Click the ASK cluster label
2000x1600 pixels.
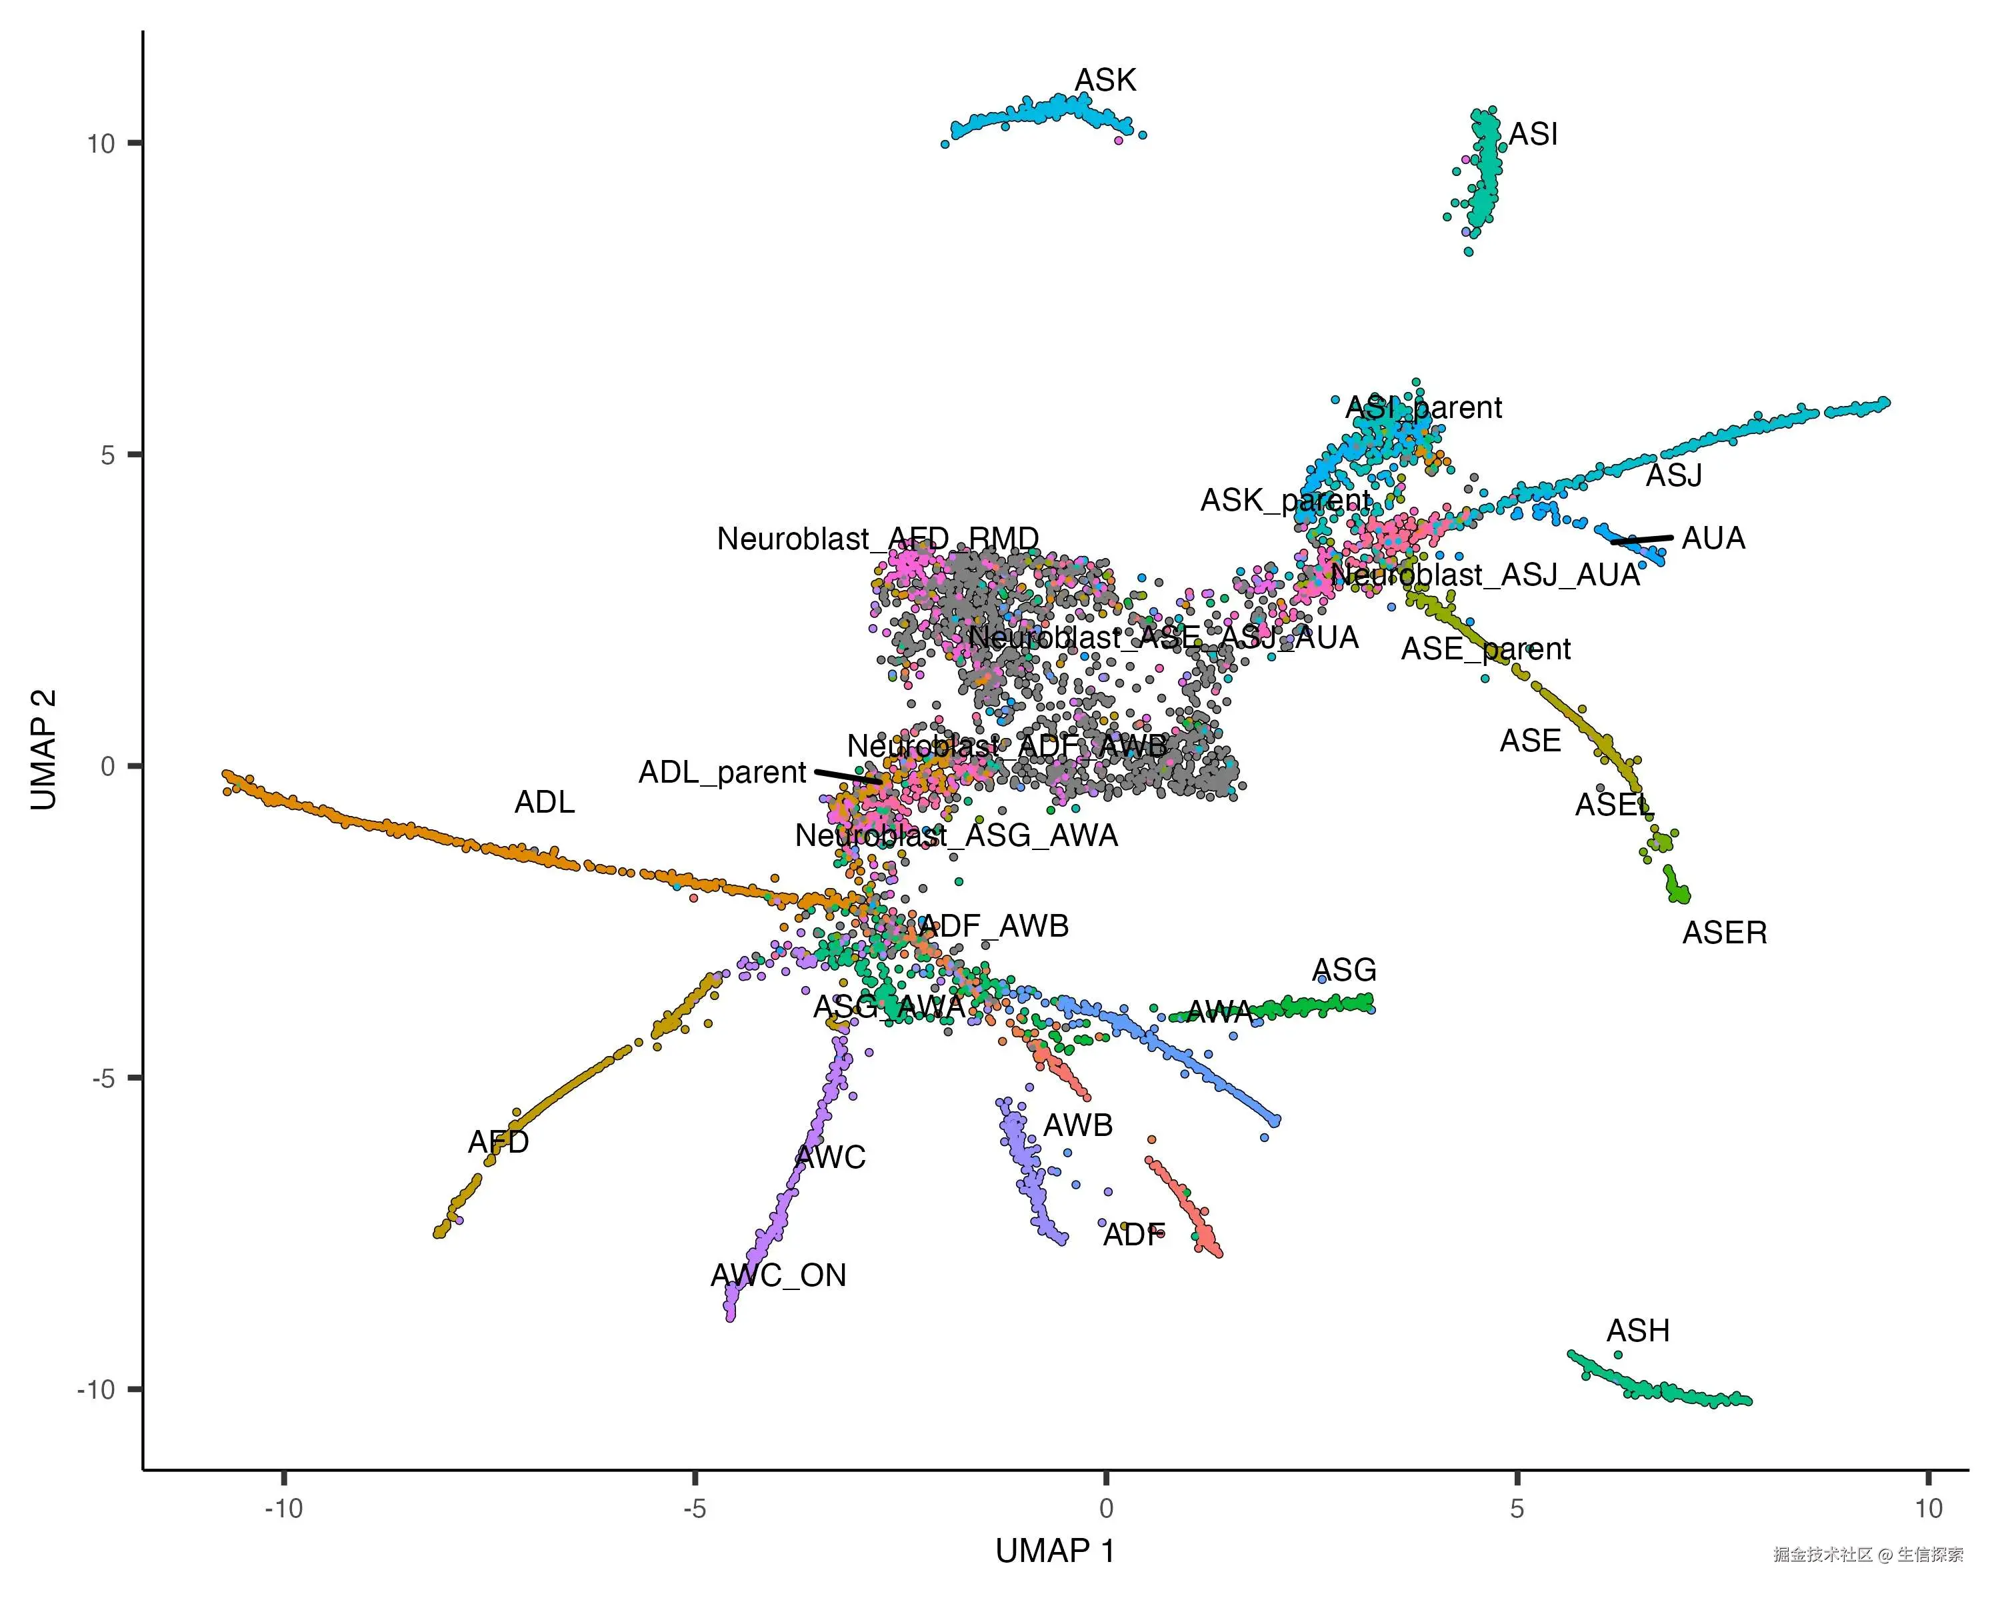pos(1105,81)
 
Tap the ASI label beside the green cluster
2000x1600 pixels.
pos(1533,135)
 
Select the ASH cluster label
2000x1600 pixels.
pos(1637,1331)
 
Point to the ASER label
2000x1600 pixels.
pos(1725,933)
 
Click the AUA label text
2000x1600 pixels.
pos(1713,539)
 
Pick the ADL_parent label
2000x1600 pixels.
pos(722,773)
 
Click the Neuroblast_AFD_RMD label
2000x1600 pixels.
pos(877,539)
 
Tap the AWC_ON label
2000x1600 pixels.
pos(778,1275)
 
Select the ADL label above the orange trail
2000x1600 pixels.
pos(545,802)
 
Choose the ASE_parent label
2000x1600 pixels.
pos(1485,649)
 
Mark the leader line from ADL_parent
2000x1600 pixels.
pos(848,777)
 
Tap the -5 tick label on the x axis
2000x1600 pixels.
pos(694,1509)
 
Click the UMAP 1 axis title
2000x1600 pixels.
pos(1055,1551)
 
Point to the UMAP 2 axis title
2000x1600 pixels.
pos(43,749)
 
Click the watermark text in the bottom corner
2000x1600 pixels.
pos(1867,1555)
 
